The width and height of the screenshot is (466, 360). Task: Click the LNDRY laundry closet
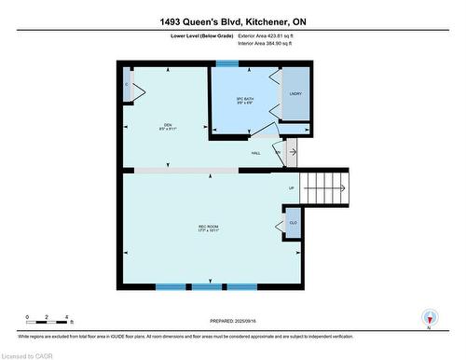tap(295, 93)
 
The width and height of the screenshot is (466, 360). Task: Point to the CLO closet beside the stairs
tap(293, 224)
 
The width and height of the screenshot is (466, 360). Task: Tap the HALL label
tap(254, 154)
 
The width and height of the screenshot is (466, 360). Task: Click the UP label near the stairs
tap(291, 187)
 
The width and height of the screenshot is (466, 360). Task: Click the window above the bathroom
tap(227, 63)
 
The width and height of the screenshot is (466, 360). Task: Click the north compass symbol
tap(428, 318)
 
